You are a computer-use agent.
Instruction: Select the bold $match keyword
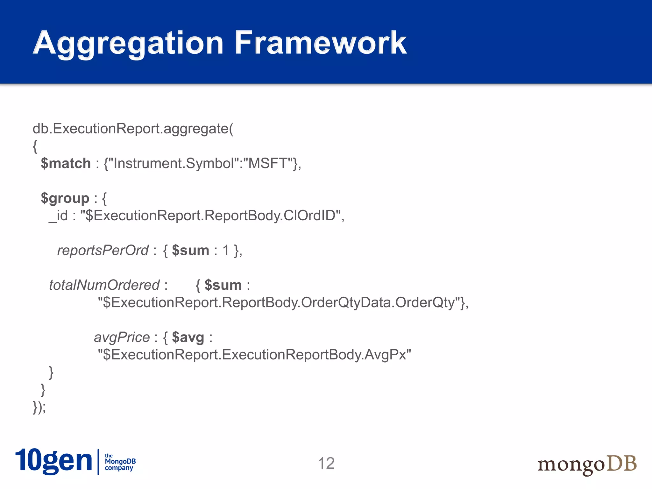point(66,163)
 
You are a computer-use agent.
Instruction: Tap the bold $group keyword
point(65,198)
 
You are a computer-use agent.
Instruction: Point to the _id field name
point(59,216)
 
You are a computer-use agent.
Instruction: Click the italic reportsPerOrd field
point(103,251)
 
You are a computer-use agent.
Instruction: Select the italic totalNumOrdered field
point(104,285)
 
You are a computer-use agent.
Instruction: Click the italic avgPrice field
point(122,337)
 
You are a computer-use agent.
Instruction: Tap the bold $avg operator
point(188,337)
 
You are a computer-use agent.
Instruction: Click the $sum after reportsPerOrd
point(190,251)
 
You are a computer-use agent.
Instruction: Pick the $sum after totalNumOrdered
point(223,285)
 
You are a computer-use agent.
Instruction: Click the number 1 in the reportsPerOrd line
point(226,251)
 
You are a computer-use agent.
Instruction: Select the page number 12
point(326,464)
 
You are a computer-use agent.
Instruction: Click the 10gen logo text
point(53,461)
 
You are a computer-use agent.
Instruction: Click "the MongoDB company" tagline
point(120,462)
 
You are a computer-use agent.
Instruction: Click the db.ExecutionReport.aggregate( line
point(133,129)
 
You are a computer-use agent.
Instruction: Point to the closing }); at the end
point(39,407)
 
